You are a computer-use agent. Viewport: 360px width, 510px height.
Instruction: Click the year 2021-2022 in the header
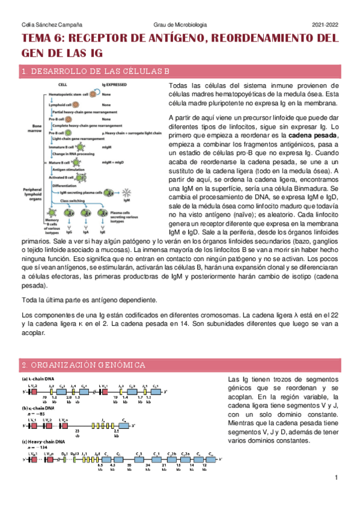tap(326, 24)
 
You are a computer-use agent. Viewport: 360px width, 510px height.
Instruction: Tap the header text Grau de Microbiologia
tap(180, 24)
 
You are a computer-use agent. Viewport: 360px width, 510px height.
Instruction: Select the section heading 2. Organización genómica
tap(83, 365)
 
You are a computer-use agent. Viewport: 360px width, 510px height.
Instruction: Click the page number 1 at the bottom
tap(337, 478)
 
